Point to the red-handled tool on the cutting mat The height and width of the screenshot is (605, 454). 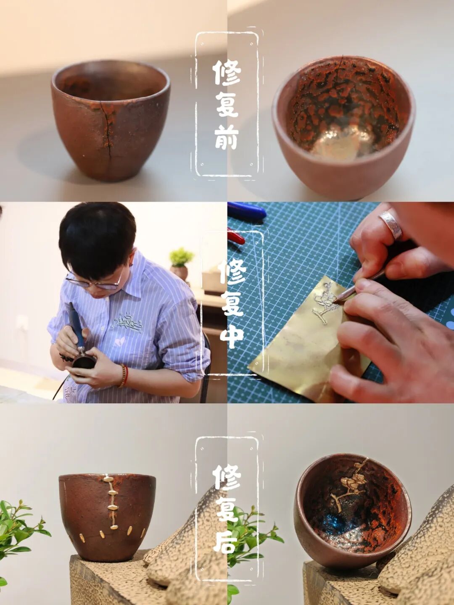tap(236, 236)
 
